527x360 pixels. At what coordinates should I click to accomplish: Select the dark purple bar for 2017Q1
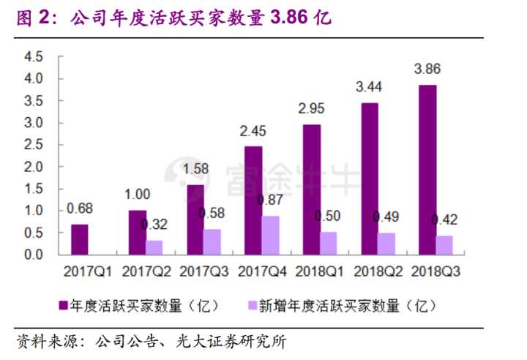[81, 239]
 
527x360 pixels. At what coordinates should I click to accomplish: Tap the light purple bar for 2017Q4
[270, 235]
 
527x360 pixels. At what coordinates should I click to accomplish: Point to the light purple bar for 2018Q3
[444, 245]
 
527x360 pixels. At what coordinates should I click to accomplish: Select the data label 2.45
[254, 132]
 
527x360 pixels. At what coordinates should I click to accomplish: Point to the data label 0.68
[80, 209]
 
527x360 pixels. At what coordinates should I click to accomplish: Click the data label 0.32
[156, 224]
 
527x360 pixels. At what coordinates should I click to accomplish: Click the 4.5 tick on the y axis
[34, 56]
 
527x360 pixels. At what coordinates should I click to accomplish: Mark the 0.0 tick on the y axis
[34, 255]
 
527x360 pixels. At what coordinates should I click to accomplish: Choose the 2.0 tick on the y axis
[34, 167]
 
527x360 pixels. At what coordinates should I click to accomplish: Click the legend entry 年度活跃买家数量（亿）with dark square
[138, 304]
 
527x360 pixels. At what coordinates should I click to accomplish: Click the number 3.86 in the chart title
[291, 18]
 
